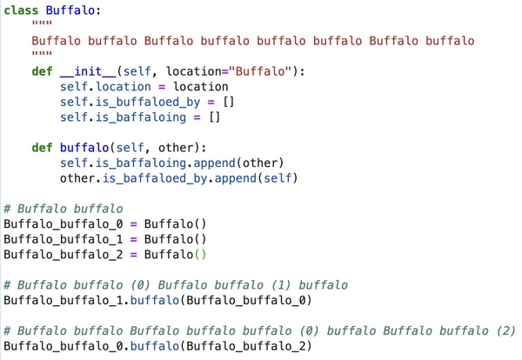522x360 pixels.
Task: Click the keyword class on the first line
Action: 21,10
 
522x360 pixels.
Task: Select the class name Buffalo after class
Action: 70,10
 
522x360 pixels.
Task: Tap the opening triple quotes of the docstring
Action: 42,23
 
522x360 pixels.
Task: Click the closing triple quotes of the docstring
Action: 42,53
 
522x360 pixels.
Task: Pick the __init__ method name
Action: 88,71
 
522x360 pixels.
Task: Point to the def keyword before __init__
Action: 42,71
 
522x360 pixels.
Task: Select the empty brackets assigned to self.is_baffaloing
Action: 214,117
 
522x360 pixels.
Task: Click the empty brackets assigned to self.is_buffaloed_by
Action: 228,102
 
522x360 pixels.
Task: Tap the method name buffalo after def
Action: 84,148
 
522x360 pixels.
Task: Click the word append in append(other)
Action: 214,163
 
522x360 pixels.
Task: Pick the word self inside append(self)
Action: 278,178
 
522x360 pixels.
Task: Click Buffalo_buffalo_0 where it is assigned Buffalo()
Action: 64,224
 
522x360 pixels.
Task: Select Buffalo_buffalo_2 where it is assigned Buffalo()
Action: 64,255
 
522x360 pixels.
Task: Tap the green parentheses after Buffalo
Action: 200,255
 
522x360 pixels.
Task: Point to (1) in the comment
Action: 281,285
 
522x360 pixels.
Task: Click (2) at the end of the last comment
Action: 506,330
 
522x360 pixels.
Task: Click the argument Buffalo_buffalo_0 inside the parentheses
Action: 245,301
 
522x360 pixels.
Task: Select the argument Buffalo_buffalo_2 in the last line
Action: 245,346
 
